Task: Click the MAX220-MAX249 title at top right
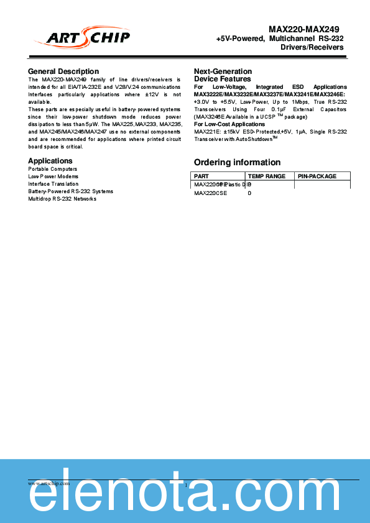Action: (x=304, y=29)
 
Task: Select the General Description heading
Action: (x=63, y=71)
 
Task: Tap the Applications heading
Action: (x=50, y=161)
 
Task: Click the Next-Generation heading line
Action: (x=223, y=71)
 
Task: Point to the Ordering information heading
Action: (x=237, y=163)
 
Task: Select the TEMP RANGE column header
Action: (x=266, y=176)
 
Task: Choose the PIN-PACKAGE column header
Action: (x=317, y=176)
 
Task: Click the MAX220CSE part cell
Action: (x=211, y=193)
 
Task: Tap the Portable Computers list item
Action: (x=53, y=169)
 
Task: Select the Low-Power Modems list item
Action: (x=53, y=176)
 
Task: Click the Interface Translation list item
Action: (x=53, y=184)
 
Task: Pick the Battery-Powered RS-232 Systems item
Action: (x=71, y=191)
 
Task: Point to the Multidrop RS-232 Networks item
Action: (x=62, y=199)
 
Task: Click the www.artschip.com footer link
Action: (x=49, y=483)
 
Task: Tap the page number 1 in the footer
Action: (x=185, y=484)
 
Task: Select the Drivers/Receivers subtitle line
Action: (x=312, y=47)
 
